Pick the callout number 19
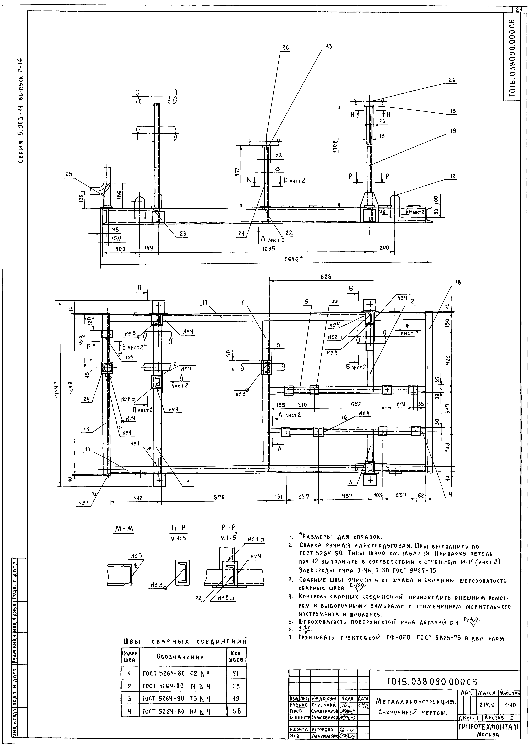tap(452, 131)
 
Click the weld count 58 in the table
tap(237, 709)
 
